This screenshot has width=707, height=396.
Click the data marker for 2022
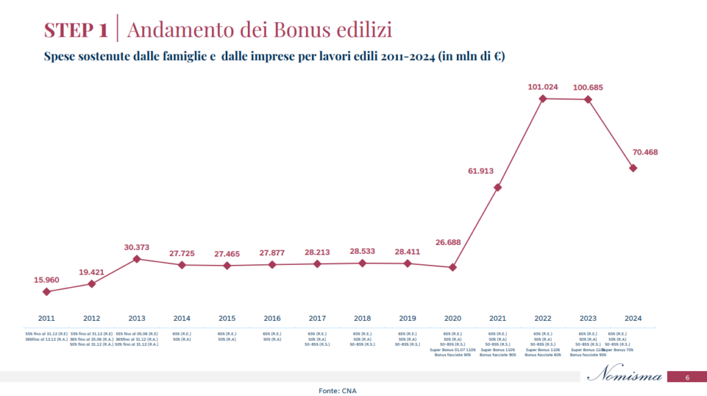click(543, 99)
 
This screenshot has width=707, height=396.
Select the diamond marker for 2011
click(46, 292)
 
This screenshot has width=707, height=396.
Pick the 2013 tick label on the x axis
click(137, 318)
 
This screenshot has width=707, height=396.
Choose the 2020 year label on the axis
click(452, 318)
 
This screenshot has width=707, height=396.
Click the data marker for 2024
click(633, 168)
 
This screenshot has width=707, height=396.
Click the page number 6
click(687, 377)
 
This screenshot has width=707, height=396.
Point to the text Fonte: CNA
click(338, 390)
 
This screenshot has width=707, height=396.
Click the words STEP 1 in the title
click(76, 30)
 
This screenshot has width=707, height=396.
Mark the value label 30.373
click(137, 247)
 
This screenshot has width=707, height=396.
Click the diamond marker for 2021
click(498, 187)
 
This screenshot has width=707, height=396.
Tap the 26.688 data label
click(452, 242)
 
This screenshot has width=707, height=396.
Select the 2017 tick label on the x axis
click(317, 318)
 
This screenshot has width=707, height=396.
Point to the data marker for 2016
click(272, 265)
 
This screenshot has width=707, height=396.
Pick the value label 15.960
click(46, 280)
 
